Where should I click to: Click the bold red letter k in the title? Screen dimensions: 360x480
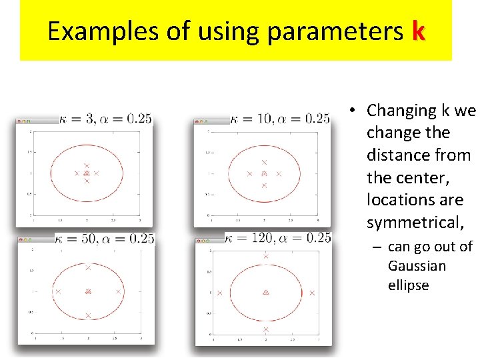(x=418, y=31)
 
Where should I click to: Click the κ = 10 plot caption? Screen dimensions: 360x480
(x=280, y=119)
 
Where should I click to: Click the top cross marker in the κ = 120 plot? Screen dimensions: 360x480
(x=265, y=257)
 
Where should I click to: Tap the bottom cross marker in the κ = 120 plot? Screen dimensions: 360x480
(x=265, y=329)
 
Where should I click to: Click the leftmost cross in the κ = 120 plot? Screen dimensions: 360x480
(x=220, y=293)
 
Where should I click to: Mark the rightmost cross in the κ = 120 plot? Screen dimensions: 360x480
(x=311, y=293)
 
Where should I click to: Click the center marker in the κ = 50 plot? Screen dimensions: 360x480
(x=88, y=291)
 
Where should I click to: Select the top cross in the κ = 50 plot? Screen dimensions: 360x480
(x=88, y=267)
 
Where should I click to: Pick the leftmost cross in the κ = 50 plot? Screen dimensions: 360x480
(x=58, y=291)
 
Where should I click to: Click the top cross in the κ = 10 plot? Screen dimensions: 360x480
(x=264, y=162)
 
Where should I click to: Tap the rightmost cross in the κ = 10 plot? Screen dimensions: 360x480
(x=279, y=173)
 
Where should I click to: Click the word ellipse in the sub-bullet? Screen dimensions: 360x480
(x=408, y=285)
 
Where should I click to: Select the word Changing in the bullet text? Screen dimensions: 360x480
(x=397, y=110)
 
